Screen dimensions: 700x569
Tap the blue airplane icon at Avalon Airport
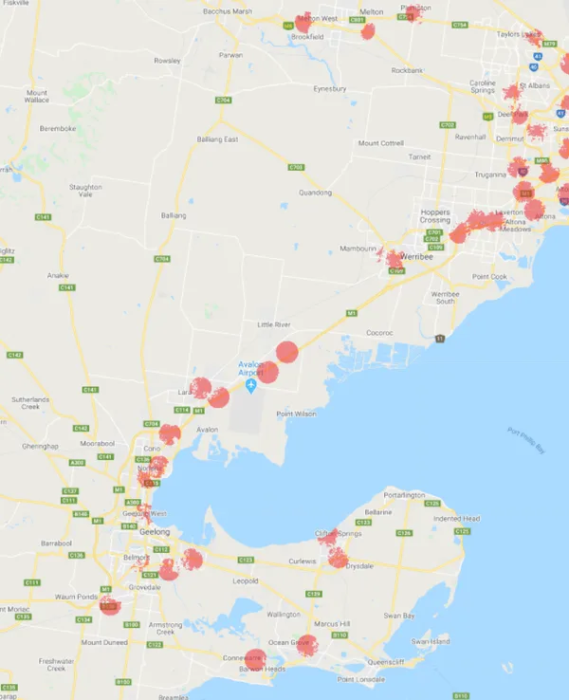point(251,386)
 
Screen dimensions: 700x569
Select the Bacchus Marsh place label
point(230,10)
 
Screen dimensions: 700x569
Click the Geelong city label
point(128,532)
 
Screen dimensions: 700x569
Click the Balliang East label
point(225,140)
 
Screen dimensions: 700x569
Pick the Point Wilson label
point(294,414)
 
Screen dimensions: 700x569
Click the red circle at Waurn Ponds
point(110,604)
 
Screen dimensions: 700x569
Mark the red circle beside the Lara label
point(200,387)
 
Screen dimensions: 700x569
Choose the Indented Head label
point(456,519)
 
